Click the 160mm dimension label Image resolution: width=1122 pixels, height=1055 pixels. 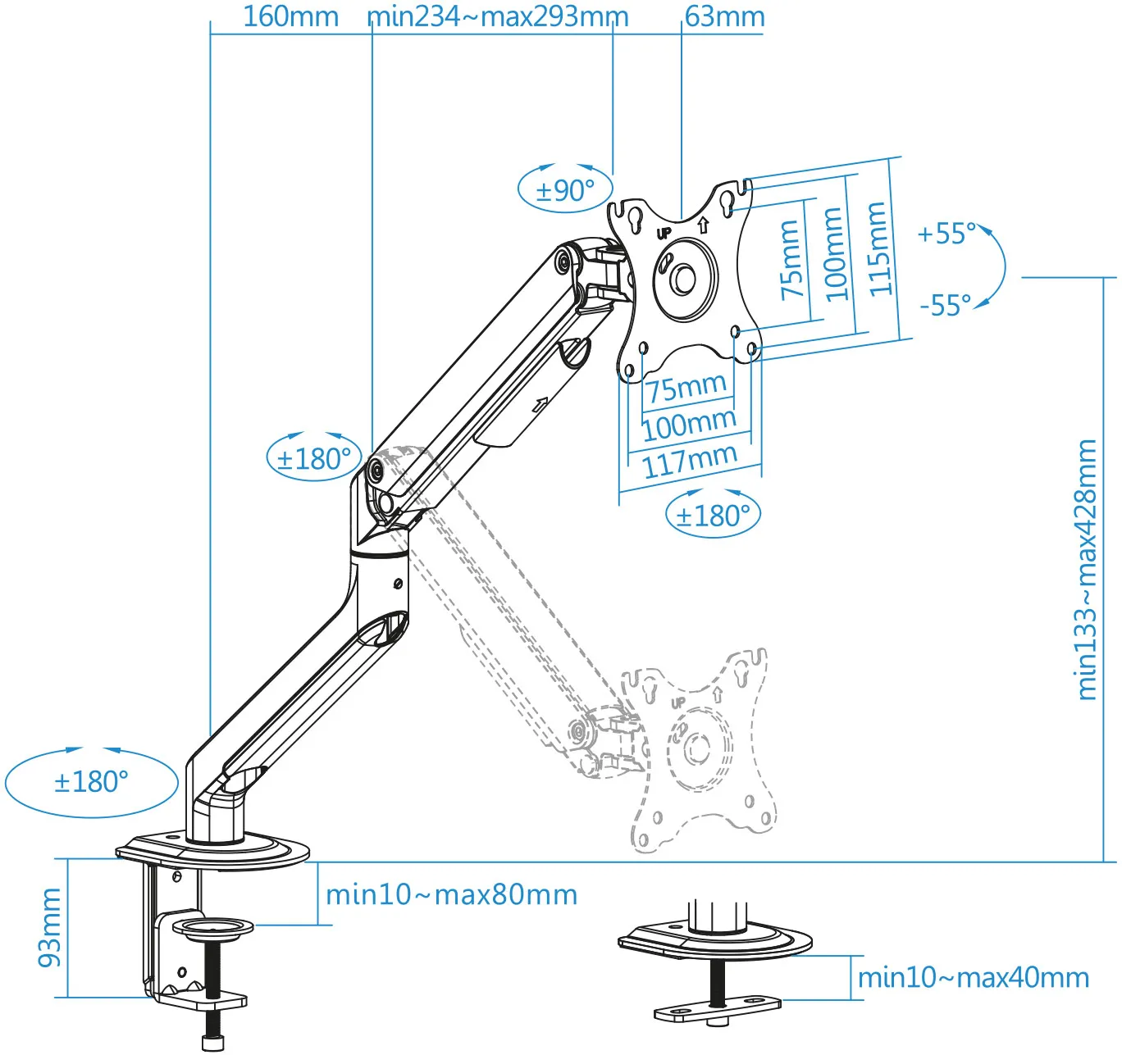[290, 16]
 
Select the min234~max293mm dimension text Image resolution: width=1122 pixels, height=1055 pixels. [497, 16]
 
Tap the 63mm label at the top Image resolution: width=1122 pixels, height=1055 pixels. [724, 16]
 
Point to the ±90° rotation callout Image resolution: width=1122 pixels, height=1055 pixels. [565, 190]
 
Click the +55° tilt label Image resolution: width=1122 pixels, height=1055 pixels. [946, 234]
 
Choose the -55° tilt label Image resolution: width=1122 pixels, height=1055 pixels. [945, 306]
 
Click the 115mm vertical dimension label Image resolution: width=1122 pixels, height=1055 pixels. [878, 248]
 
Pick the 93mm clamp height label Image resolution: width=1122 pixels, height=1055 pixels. [50, 927]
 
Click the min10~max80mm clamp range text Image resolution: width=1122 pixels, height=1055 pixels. [451, 894]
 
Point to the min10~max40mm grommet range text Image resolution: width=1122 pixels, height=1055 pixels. [973, 977]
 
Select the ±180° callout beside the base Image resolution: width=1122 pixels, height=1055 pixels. [91, 782]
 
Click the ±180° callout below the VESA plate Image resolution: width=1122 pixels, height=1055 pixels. [713, 516]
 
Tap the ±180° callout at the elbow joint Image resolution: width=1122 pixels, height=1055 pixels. [314, 458]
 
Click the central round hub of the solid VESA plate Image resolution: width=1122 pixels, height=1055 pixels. [683, 280]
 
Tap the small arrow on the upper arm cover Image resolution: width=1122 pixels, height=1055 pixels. [539, 404]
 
